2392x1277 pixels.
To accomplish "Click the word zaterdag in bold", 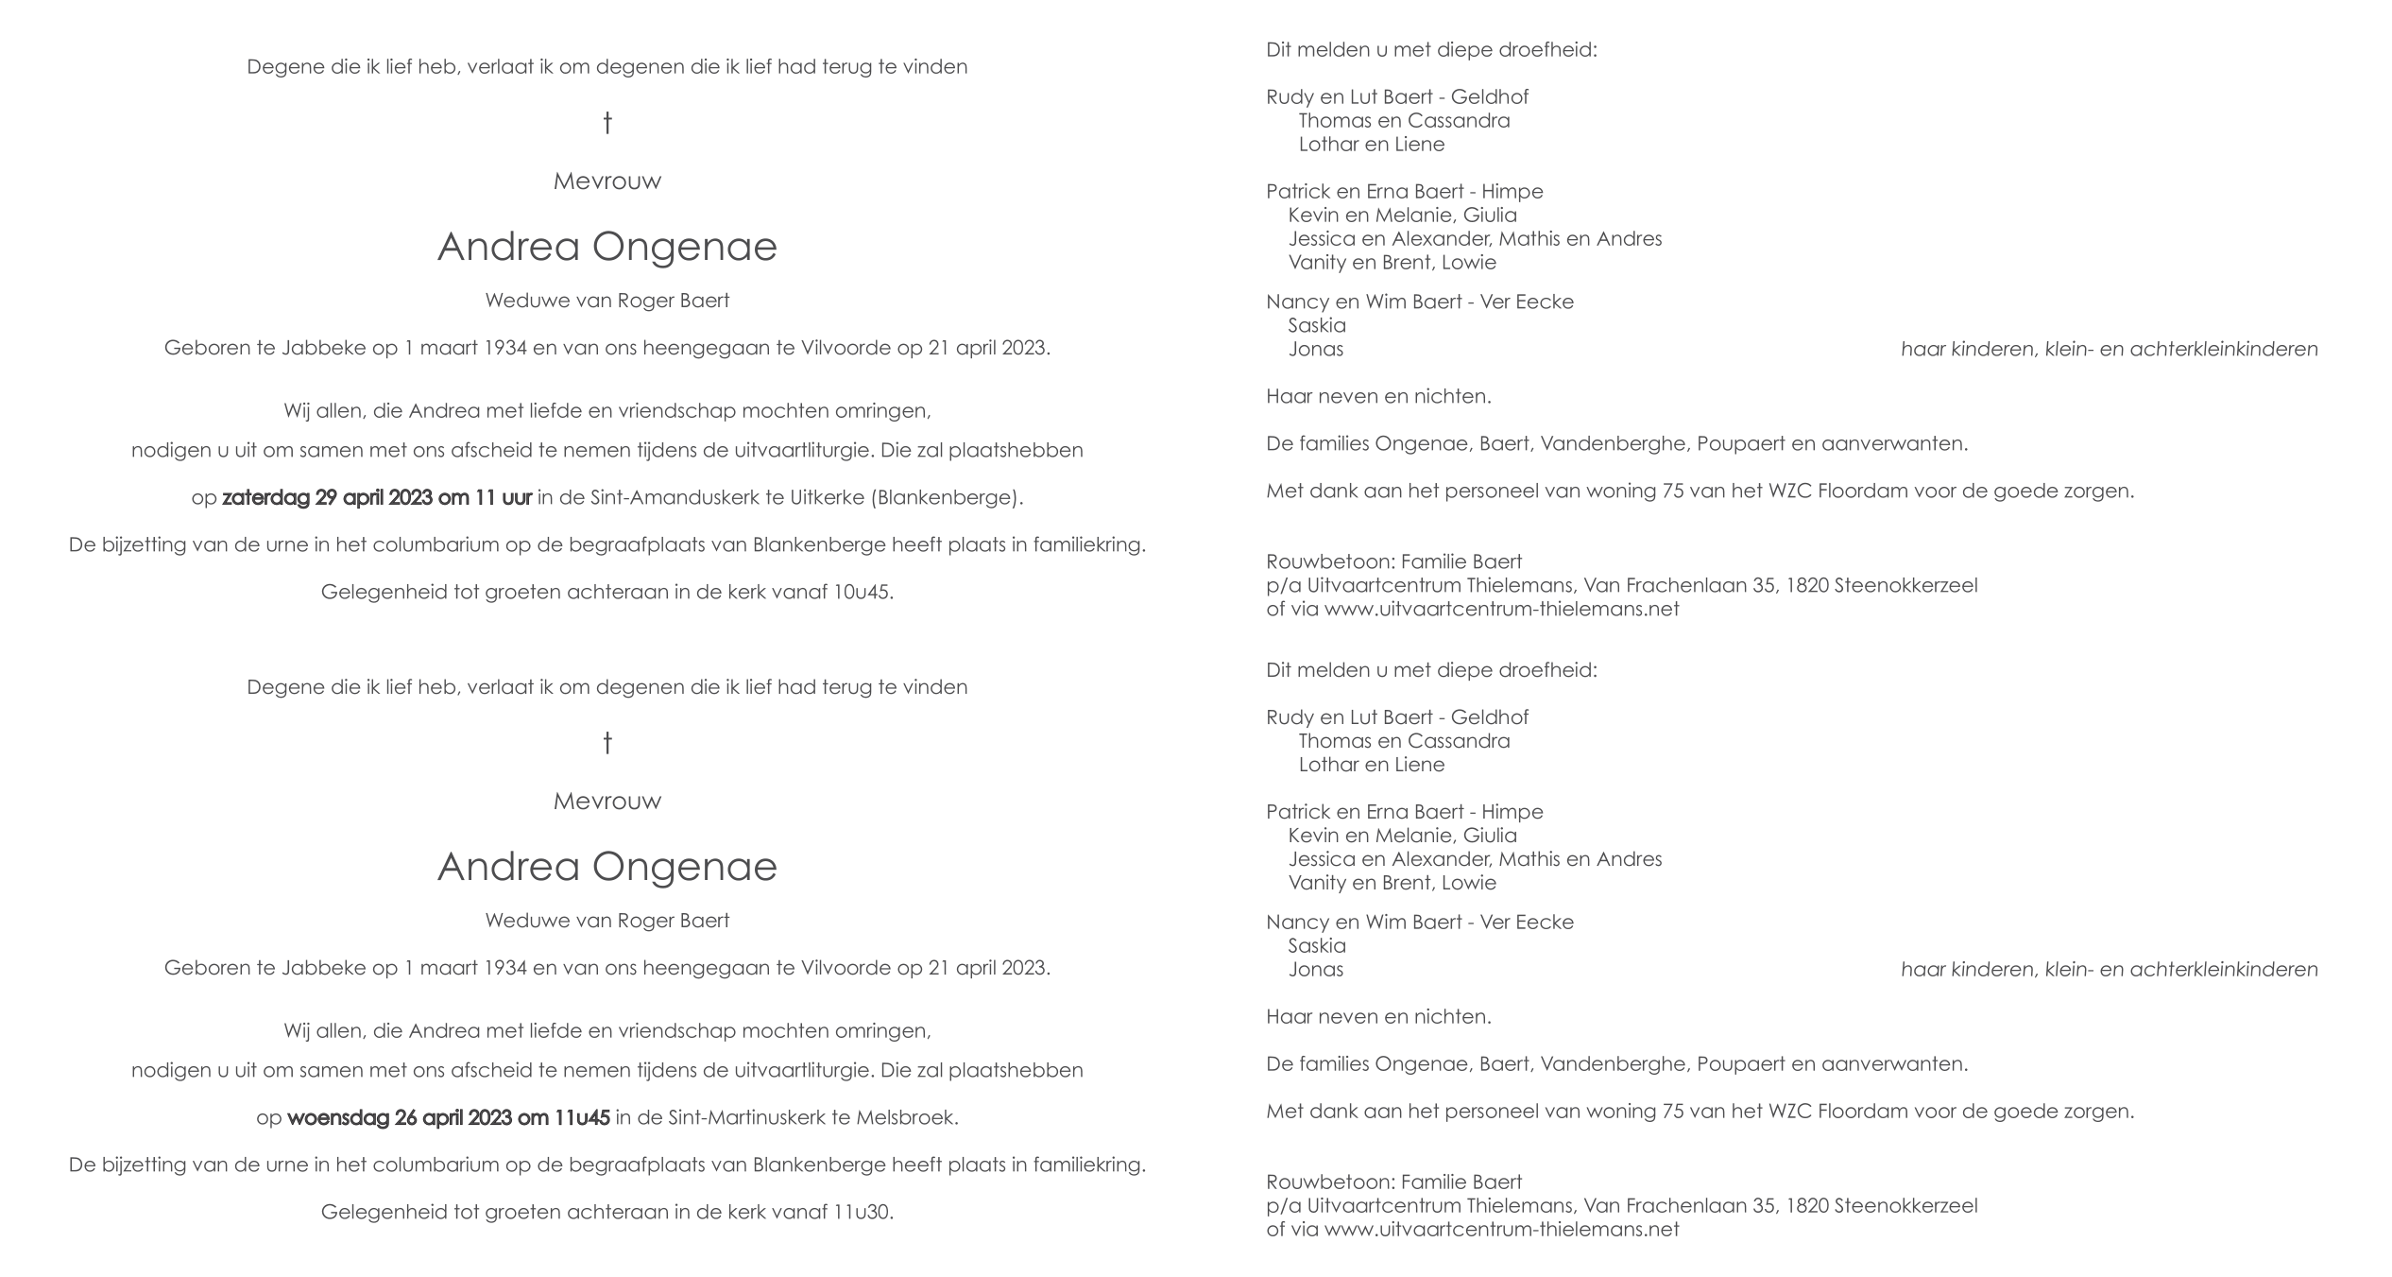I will (265, 498).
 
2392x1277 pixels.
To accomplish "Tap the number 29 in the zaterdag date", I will (326, 498).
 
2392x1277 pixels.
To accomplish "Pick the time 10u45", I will (863, 593).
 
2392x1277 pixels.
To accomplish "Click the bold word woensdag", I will (337, 1118).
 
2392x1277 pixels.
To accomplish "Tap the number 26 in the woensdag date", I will (406, 1118).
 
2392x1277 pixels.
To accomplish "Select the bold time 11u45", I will (581, 1118).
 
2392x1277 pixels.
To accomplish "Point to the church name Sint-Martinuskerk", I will (746, 1118).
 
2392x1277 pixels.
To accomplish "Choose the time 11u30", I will (863, 1213).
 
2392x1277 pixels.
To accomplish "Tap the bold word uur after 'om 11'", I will (517, 498).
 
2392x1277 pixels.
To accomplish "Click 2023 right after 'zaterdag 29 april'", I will (409, 498).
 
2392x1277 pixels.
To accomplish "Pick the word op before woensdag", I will (268, 1118).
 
